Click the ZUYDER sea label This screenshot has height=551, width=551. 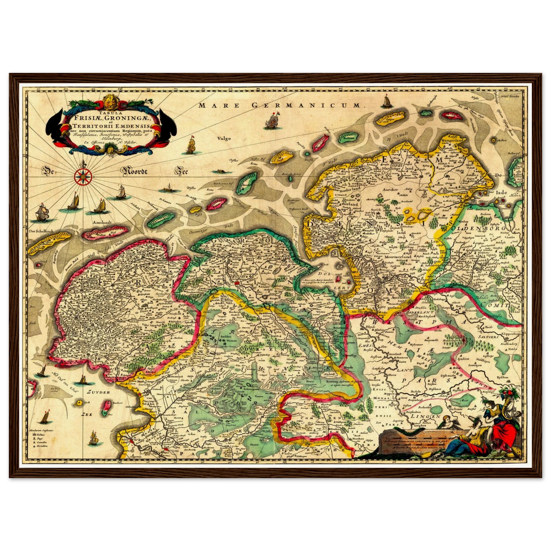click(98, 392)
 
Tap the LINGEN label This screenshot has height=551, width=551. click(424, 416)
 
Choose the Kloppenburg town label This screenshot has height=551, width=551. click(510, 334)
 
